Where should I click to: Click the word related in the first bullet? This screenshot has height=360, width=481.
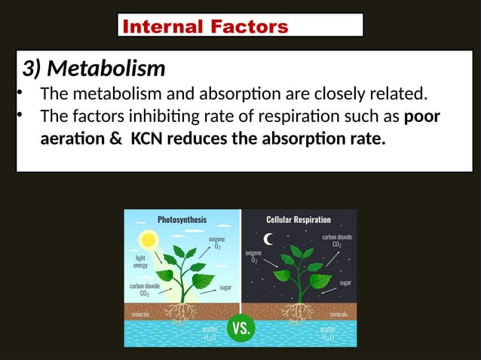[395, 94]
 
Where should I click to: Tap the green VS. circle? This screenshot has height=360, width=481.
[241, 328]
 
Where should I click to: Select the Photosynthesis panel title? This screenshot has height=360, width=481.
[182, 220]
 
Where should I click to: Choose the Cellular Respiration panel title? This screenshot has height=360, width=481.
[299, 220]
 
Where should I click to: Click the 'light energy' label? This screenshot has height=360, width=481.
[141, 261]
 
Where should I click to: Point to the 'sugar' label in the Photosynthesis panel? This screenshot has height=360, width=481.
[225, 288]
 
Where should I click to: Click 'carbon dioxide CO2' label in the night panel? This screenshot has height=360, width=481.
[337, 240]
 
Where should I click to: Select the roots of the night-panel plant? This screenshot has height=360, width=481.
[301, 312]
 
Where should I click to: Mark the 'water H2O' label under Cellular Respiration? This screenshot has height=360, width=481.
[328, 334]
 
